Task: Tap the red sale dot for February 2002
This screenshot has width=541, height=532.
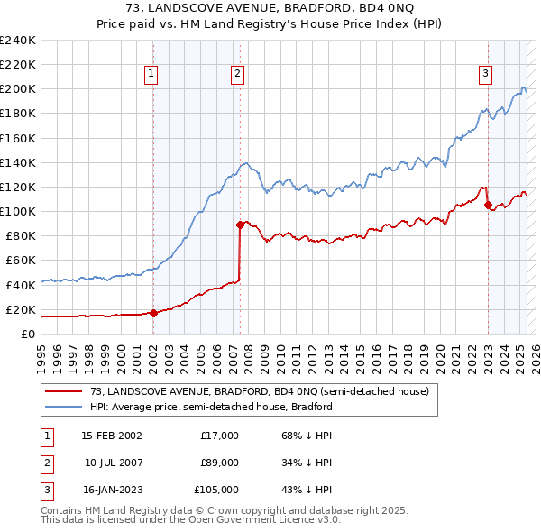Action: click(153, 313)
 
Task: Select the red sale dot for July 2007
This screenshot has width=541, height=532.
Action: click(241, 225)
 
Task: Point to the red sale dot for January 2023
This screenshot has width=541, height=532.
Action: click(488, 206)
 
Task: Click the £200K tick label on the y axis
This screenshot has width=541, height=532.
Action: click(18, 89)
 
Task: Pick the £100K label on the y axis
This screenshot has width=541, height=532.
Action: click(18, 211)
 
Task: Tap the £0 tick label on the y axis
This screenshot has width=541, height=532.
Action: click(28, 334)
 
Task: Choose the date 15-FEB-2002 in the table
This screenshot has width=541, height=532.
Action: click(112, 436)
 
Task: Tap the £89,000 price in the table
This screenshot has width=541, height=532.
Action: click(219, 463)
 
